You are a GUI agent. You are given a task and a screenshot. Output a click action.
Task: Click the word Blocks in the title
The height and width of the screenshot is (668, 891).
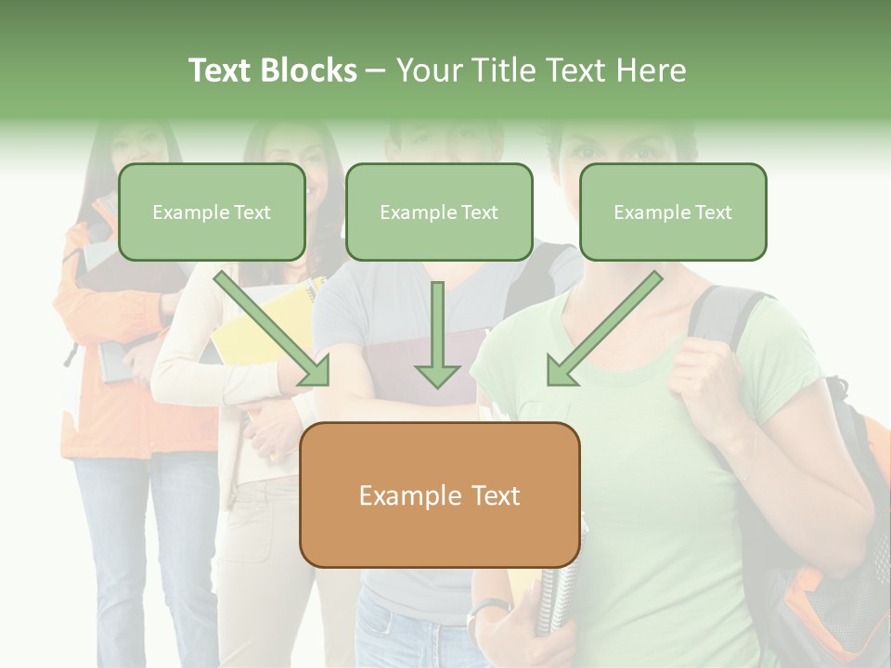click(x=310, y=71)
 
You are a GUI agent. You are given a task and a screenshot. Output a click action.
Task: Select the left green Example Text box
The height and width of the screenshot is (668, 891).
click(x=212, y=212)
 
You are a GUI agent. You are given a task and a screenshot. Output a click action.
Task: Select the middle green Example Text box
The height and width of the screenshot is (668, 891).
click(x=439, y=212)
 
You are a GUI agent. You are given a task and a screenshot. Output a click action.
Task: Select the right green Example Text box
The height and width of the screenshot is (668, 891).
click(x=673, y=212)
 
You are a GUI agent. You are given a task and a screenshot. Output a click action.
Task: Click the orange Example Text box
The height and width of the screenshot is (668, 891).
click(x=439, y=495)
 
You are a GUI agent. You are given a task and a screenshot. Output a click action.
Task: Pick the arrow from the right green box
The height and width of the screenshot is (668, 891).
click(x=603, y=329)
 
